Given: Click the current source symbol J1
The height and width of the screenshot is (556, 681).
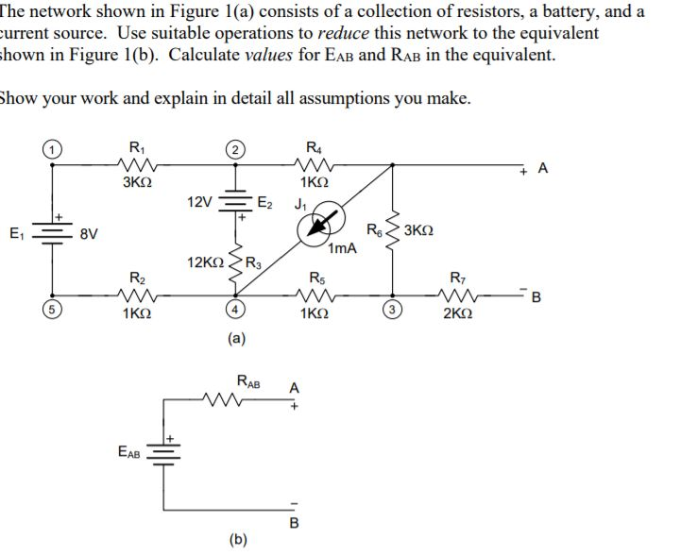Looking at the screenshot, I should pos(315,229).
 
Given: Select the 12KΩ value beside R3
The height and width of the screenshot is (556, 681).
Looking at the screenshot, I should pos(206,261).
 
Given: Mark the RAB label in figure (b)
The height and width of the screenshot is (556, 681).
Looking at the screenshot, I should pos(249,383).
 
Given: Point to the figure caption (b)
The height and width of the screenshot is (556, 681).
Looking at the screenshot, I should pos(238,539).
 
